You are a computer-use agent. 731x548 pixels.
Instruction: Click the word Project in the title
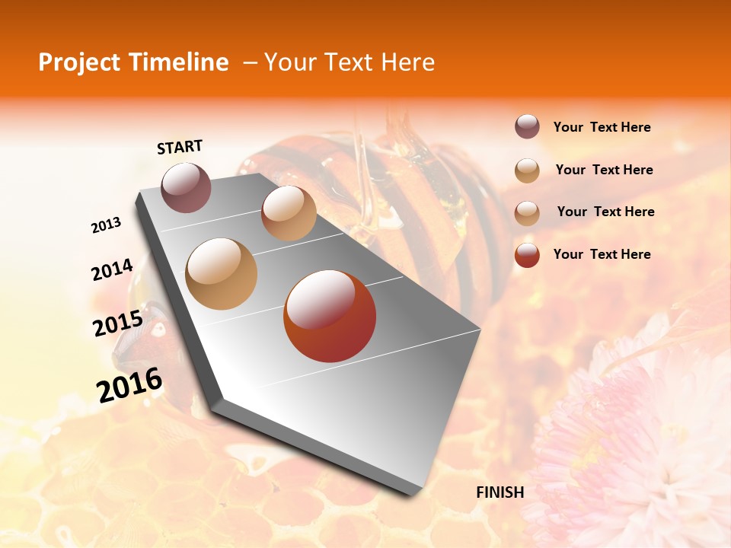click(x=78, y=63)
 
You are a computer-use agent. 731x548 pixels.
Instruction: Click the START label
click(x=180, y=147)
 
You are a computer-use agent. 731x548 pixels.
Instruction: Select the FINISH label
click(x=500, y=492)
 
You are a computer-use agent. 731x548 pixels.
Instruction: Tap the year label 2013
click(x=106, y=226)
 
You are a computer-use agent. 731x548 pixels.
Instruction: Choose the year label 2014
click(x=112, y=269)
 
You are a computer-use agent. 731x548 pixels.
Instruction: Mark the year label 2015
click(x=117, y=324)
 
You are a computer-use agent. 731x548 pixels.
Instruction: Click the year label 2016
click(x=129, y=385)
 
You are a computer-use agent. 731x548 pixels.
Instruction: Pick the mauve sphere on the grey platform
click(x=186, y=187)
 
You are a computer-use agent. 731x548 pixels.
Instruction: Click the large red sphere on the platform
click(x=330, y=316)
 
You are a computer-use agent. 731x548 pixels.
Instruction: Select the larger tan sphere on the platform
click(x=222, y=274)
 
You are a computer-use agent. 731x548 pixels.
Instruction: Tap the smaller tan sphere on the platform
click(x=289, y=213)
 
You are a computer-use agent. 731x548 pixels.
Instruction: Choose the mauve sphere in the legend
click(x=527, y=127)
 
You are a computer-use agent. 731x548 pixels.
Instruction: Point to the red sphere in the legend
click(x=527, y=255)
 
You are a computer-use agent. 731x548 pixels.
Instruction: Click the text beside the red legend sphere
click(x=602, y=254)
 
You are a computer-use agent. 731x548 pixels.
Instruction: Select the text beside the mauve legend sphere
click(x=602, y=128)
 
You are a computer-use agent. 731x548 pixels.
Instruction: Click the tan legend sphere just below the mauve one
click(x=527, y=170)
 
